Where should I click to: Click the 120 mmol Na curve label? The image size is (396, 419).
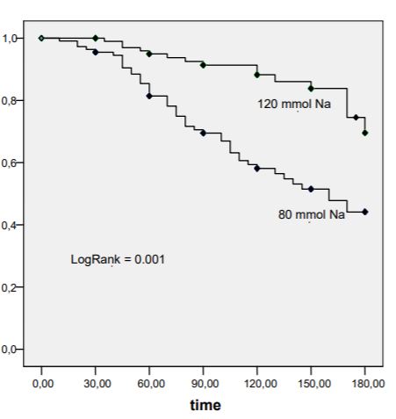294,104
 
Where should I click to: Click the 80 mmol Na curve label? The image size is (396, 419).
312,214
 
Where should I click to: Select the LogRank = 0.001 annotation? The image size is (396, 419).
118,259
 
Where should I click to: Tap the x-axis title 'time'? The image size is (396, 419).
205,405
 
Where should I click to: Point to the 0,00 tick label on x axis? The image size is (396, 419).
43,384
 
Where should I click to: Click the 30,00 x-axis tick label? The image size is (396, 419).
97,384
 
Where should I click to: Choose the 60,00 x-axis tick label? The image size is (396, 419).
151,384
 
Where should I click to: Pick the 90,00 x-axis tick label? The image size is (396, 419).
205,384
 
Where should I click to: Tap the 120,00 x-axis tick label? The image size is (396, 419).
261,384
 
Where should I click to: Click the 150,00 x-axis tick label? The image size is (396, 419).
314,384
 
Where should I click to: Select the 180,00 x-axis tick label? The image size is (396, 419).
368,384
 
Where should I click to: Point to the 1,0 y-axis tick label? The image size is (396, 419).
9,39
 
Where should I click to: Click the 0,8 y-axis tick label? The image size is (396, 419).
9,101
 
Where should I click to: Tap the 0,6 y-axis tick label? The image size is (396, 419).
9,163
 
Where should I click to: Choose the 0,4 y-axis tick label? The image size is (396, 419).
9,226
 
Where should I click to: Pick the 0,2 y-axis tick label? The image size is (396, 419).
9,287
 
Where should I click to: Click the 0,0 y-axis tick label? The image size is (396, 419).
9,350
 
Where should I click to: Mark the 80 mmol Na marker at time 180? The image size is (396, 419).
365,212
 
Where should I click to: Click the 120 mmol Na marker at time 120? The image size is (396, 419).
257,75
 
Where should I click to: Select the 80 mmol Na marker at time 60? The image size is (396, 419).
149,96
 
